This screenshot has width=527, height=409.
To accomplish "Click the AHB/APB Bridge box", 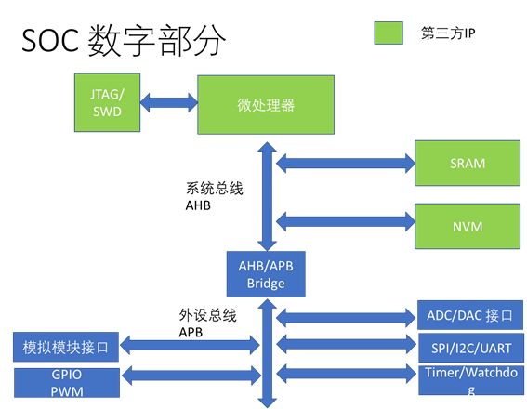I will [x=266, y=274].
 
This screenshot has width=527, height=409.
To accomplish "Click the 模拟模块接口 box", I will [x=66, y=349].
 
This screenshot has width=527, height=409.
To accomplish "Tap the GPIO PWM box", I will [x=66, y=382].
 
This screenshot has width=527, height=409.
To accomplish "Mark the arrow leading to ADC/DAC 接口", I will [x=344, y=316].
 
